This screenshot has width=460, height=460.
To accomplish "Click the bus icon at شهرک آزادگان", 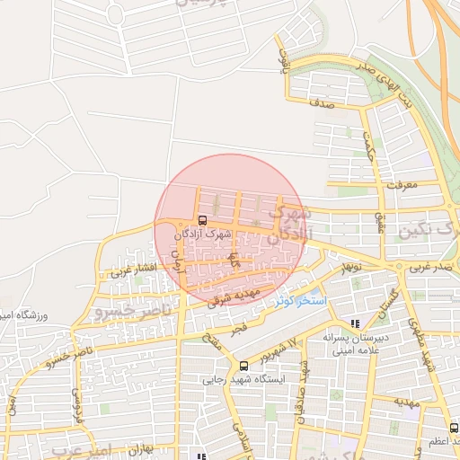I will tap(201, 220).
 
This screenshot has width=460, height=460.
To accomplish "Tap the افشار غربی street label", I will tap(132, 267).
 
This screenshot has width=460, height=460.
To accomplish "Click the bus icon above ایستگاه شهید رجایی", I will tap(243, 365).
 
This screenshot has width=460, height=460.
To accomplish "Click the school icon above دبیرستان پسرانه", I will tap(356, 323).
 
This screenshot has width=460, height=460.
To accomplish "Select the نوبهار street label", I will tap(347, 267).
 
